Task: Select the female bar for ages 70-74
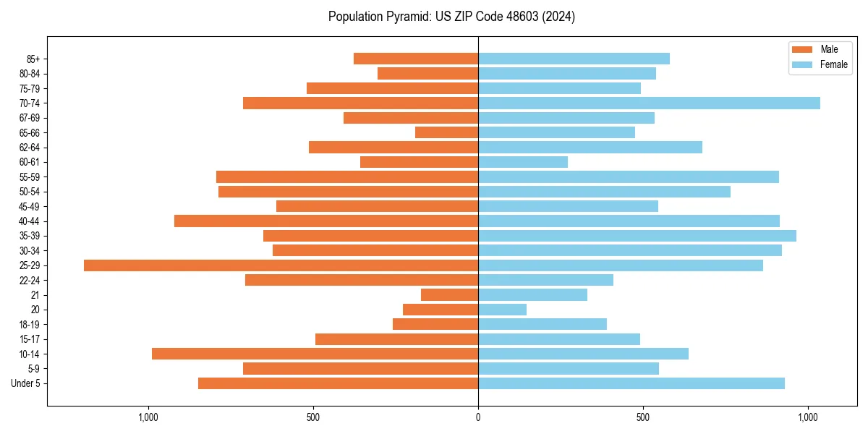[x=649, y=103]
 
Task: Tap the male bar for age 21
[x=449, y=295]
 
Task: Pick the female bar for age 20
[x=502, y=310]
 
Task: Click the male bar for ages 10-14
[x=315, y=354]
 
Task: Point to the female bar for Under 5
[x=631, y=383]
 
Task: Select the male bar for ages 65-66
[x=446, y=132]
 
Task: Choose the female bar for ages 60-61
[x=522, y=162]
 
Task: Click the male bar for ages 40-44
[x=326, y=221]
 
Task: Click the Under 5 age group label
[x=25, y=383]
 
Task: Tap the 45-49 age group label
[x=29, y=207]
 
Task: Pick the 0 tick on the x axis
[x=478, y=417]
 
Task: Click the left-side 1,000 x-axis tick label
[x=148, y=417]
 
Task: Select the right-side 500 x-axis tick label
[x=643, y=417]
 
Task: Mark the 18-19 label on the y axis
[x=29, y=325]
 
